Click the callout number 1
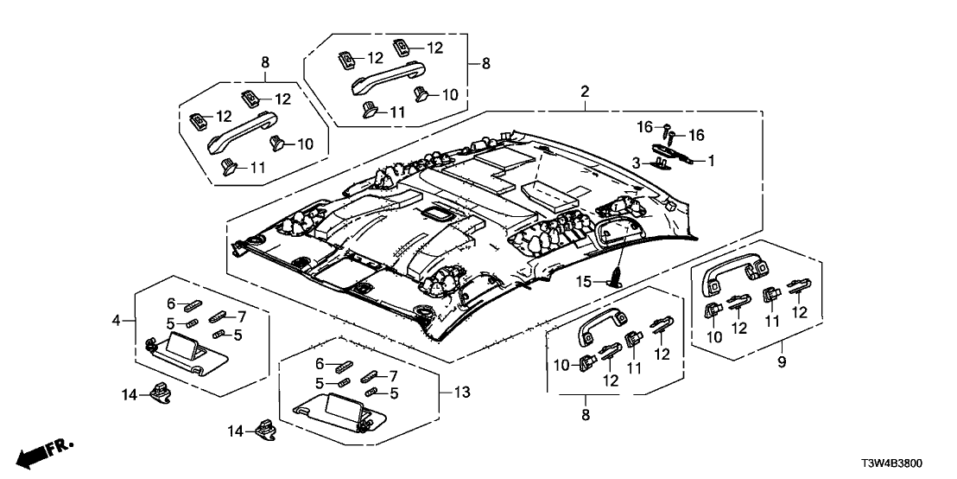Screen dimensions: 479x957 (712, 160)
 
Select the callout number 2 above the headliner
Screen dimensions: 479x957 (585, 92)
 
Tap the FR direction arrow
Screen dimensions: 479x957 (45, 451)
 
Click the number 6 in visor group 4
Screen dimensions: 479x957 (171, 303)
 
